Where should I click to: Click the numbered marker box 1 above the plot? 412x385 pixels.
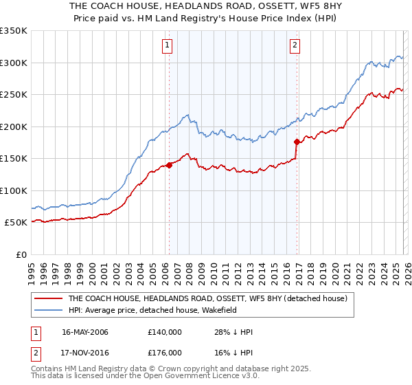(168, 46)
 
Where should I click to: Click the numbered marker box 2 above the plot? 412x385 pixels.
(295, 46)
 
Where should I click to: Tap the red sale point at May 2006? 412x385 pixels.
(169, 165)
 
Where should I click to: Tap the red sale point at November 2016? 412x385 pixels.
(297, 142)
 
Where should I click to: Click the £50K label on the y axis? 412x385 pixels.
(16, 223)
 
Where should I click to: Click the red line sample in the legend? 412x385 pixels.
(48, 298)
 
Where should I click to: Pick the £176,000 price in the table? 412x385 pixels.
(165, 353)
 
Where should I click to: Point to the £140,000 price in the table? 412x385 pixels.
(165, 332)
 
